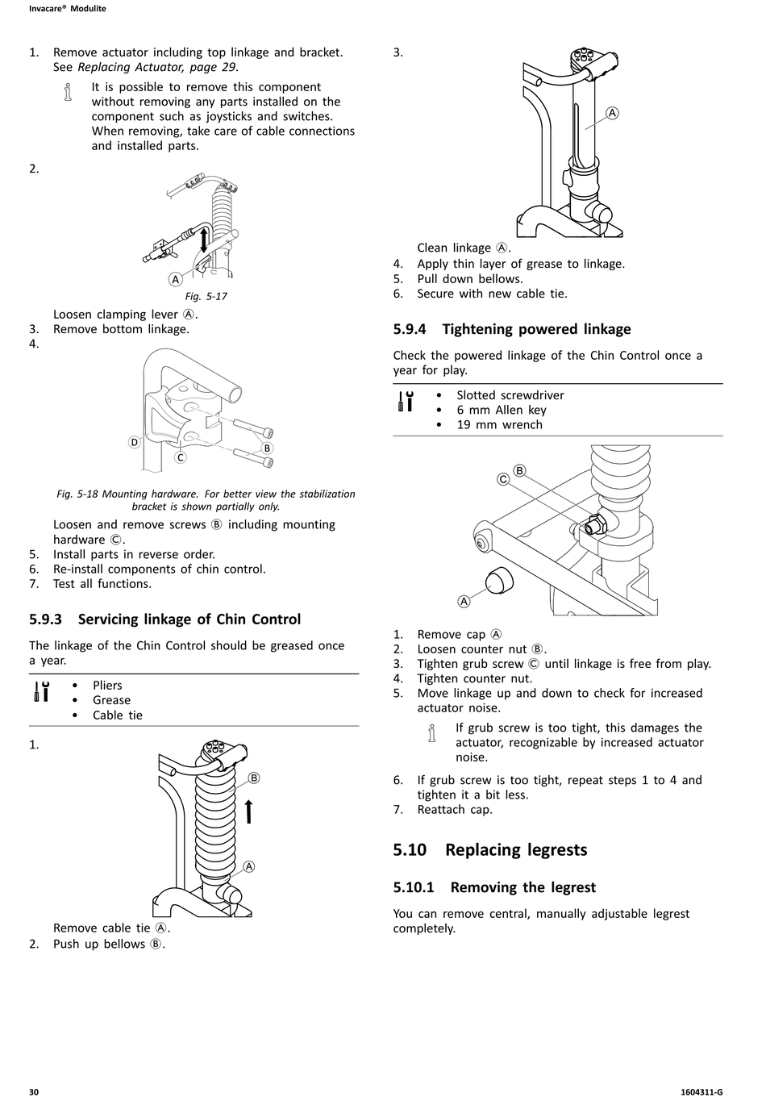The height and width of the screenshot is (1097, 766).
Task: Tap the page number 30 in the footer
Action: tap(34, 1091)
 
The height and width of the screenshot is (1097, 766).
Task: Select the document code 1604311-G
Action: tap(701, 1091)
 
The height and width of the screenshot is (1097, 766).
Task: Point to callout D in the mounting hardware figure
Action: tap(134, 442)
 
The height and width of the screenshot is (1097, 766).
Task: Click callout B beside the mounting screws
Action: tap(267, 448)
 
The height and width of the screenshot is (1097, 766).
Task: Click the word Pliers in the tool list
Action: tap(107, 686)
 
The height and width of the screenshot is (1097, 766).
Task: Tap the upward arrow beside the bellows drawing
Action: tap(249, 811)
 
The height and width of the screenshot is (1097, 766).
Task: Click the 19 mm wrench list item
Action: tap(499, 424)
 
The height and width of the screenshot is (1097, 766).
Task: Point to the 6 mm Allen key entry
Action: tap(501, 410)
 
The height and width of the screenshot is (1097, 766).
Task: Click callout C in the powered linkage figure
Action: tap(503, 479)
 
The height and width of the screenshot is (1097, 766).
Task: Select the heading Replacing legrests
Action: tap(516, 849)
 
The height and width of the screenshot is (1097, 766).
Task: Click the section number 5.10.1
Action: tap(414, 887)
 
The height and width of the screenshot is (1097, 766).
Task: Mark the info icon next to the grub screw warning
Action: tap(432, 733)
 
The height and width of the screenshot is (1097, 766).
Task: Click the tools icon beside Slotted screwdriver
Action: tap(406, 402)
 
